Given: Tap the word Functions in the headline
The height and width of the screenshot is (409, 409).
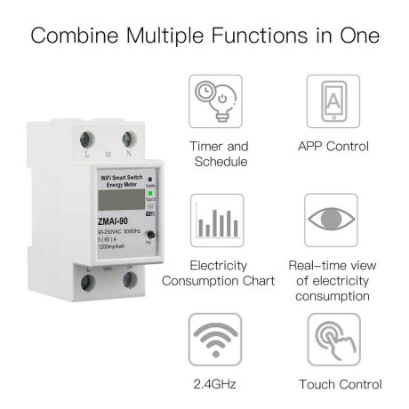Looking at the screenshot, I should tap(283, 37).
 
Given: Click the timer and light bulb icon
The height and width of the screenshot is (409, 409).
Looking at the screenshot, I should tap(218, 101).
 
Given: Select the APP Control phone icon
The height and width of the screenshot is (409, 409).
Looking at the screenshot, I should tap(333, 101).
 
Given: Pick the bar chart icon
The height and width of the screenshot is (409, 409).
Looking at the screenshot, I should tap(218, 221).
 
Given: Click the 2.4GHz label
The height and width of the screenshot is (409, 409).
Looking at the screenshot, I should tap(218, 384).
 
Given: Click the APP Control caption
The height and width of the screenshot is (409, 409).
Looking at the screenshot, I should tap(333, 145).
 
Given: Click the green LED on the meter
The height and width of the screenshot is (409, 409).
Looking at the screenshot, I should tap(150, 192).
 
